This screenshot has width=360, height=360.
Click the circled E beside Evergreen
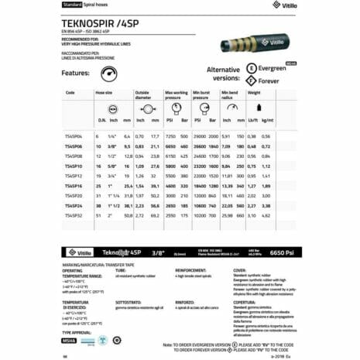point(251,67)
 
